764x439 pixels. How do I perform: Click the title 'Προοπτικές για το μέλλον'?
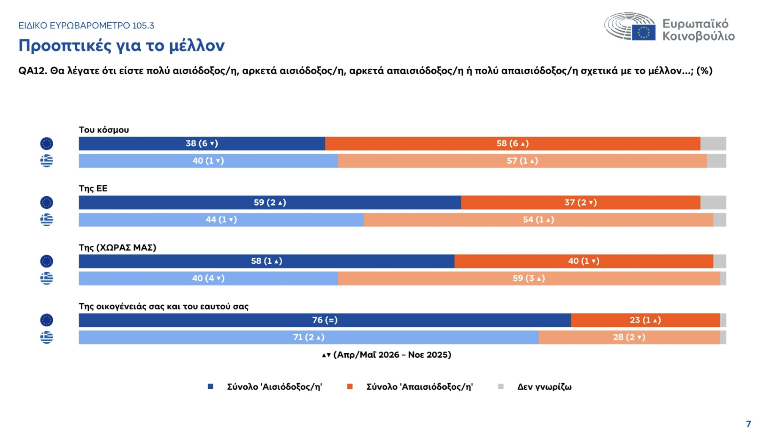pyautogui.click(x=121, y=46)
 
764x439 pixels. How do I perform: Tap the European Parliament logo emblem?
pyautogui.click(x=630, y=27)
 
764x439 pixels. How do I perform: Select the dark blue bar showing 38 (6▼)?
pyautogui.click(x=202, y=144)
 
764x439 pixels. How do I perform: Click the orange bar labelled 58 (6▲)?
pyautogui.click(x=513, y=144)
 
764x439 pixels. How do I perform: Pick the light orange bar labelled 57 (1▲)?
pyautogui.click(x=522, y=161)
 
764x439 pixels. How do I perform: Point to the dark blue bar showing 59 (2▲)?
pyautogui.click(x=270, y=203)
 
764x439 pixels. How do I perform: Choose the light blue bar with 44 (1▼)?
pyautogui.click(x=221, y=219)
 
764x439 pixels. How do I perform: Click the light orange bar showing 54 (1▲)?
pyautogui.click(x=539, y=219)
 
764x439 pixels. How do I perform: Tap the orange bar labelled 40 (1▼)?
pyautogui.click(x=584, y=261)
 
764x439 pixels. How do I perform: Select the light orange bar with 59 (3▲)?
pyautogui.click(x=529, y=278)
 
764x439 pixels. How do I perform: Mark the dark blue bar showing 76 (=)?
pyautogui.click(x=325, y=320)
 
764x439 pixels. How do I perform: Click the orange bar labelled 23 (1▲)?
pyautogui.click(x=645, y=320)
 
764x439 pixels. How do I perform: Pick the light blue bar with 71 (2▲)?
pyautogui.click(x=309, y=337)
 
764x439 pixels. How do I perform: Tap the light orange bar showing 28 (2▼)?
pyautogui.click(x=629, y=337)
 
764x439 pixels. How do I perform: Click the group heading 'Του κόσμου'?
pyautogui.click(x=104, y=130)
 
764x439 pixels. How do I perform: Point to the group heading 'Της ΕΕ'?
pyautogui.click(x=93, y=188)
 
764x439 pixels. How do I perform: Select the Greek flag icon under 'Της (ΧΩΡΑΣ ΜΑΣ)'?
pyautogui.click(x=46, y=278)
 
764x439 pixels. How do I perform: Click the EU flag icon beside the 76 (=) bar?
pyautogui.click(x=46, y=320)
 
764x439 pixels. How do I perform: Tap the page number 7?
pyautogui.click(x=749, y=423)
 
